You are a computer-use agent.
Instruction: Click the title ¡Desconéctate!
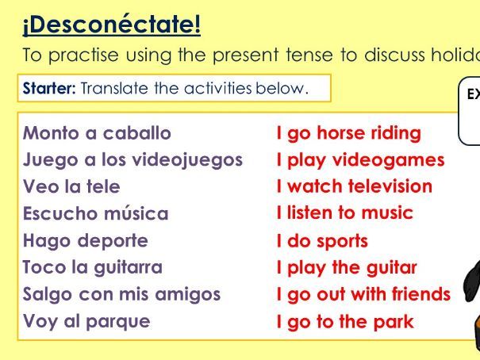(x=111, y=25)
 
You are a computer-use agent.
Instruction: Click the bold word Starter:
(x=49, y=88)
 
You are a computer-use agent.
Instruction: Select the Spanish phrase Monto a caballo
(x=97, y=132)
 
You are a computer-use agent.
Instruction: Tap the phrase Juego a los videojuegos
(x=132, y=159)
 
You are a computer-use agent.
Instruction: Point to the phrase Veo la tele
(x=71, y=186)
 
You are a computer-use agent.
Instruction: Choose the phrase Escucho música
(x=95, y=213)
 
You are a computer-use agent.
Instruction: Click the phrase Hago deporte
(x=86, y=240)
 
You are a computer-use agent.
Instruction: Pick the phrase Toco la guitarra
(x=92, y=267)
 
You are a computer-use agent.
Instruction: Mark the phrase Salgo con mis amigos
(x=121, y=294)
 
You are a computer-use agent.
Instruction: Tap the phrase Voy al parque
(x=86, y=321)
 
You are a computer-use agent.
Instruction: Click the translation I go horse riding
(x=348, y=133)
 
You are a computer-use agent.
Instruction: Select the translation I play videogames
(x=360, y=160)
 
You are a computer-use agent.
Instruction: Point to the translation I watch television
(x=354, y=187)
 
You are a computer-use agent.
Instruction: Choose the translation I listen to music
(x=344, y=213)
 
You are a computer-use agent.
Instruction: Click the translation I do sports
(x=322, y=241)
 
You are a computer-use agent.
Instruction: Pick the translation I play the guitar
(x=346, y=268)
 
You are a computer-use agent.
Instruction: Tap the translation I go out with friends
(x=363, y=295)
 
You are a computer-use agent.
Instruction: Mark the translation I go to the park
(x=344, y=322)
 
